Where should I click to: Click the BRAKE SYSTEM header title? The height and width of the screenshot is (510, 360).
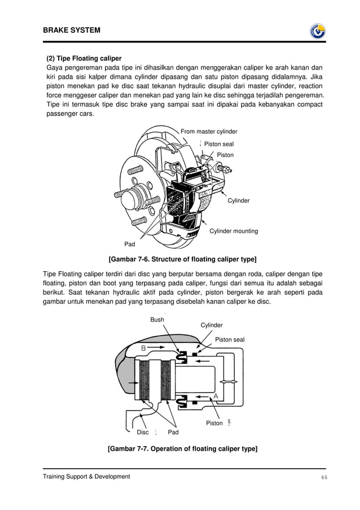click(72, 30)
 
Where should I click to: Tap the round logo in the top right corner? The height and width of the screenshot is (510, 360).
click(318, 31)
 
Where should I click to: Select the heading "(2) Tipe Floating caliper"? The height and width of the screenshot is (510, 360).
click(84, 58)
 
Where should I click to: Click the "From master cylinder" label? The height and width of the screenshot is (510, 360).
click(209, 132)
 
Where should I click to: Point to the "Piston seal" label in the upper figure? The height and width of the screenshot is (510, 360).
click(218, 144)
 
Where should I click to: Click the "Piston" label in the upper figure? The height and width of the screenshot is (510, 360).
click(225, 155)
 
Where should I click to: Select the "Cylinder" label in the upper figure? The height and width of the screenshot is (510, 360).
click(239, 200)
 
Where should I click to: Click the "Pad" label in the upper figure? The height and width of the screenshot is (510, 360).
click(130, 245)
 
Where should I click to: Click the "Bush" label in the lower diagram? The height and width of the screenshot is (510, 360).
click(157, 320)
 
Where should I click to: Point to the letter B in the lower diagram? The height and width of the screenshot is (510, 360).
click(144, 348)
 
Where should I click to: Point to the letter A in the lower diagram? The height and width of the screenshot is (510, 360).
click(216, 397)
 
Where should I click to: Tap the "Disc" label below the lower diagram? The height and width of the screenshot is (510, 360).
click(143, 432)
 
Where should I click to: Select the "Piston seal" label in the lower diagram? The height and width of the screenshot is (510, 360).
click(230, 339)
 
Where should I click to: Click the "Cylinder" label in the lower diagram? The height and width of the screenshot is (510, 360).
click(212, 325)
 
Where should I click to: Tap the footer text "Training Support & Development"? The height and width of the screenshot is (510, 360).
click(86, 477)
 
